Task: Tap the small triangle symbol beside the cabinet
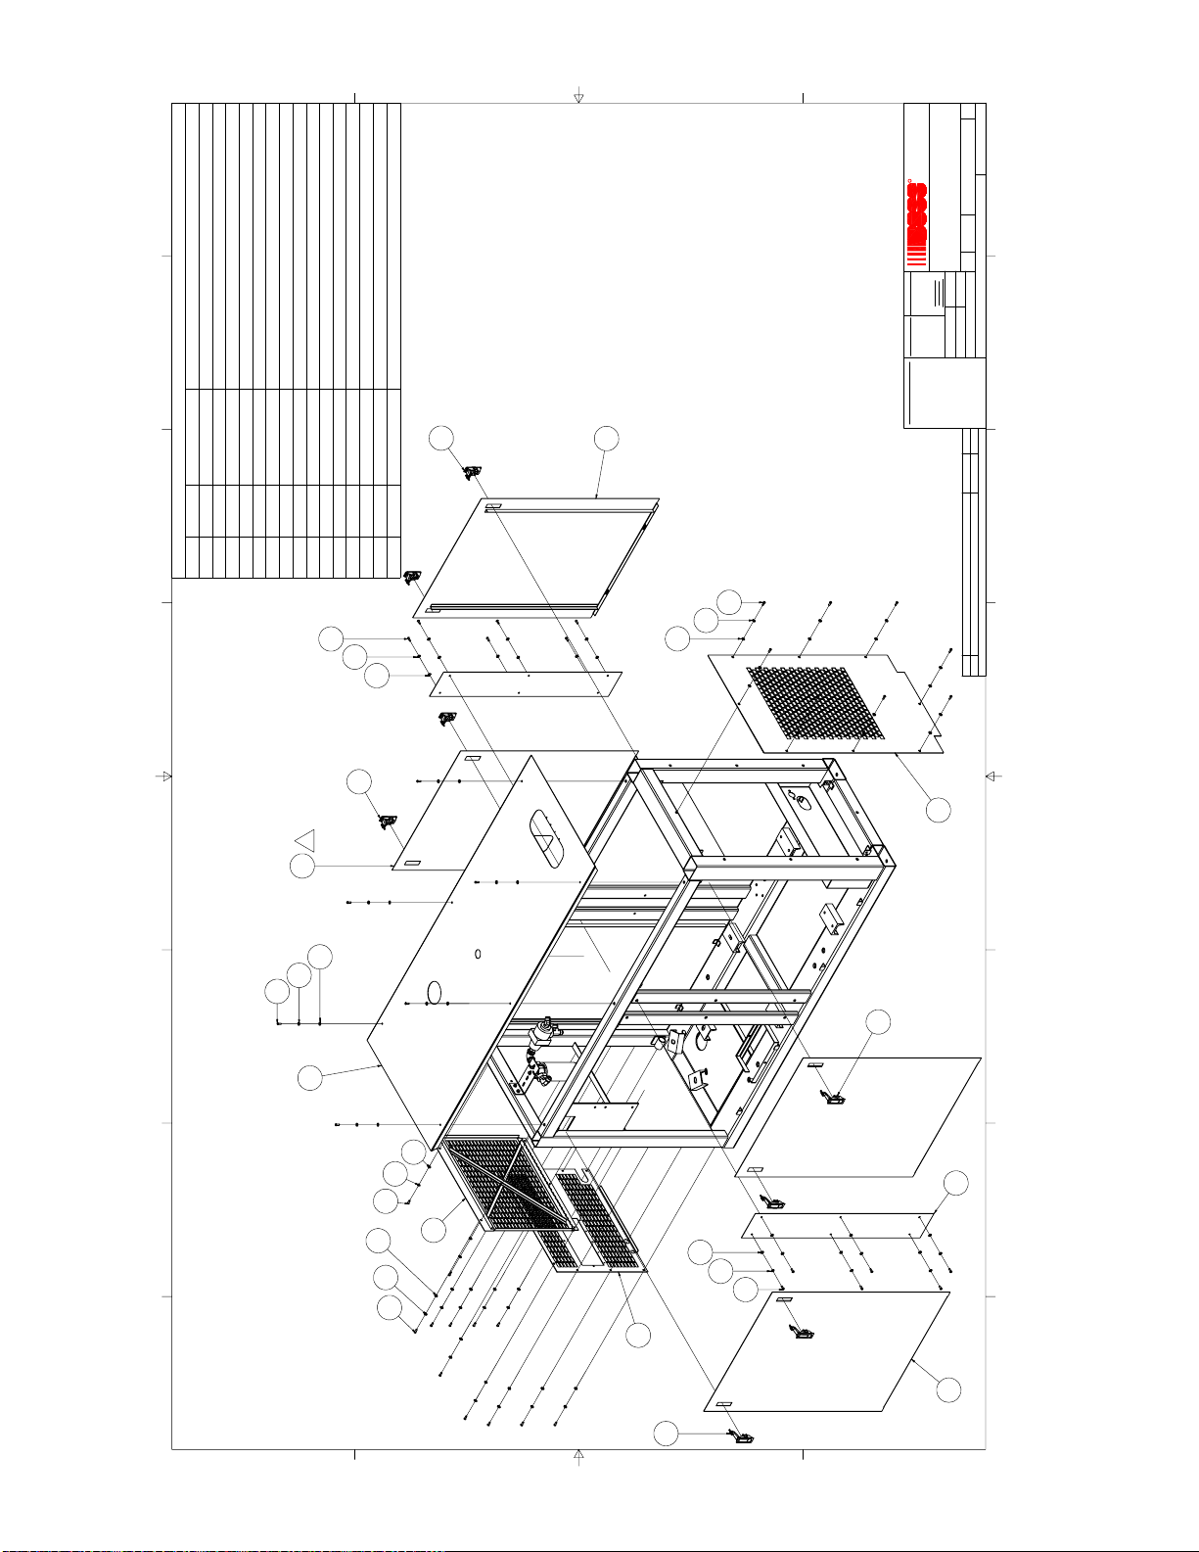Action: tap(305, 840)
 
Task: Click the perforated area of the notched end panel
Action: tap(814, 703)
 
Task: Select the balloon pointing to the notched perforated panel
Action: tap(938, 809)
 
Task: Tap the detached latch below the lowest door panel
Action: tap(743, 1437)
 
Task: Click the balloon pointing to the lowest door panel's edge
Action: tap(947, 1389)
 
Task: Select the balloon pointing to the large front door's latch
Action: tap(879, 1021)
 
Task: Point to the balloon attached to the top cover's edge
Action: tap(309, 1078)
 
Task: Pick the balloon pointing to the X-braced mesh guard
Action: tap(434, 1229)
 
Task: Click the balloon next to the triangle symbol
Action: tap(302, 867)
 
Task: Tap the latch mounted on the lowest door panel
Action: tap(803, 1332)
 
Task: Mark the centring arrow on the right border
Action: tap(992, 776)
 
